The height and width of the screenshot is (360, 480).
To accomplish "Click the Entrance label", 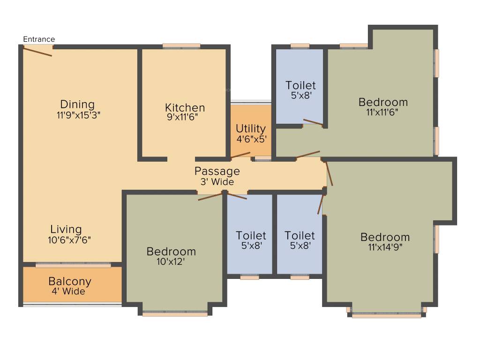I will pyautogui.click(x=39, y=39).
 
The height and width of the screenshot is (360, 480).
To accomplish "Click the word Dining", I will pyautogui.click(x=77, y=104).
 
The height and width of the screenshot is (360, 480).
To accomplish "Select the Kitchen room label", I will pyautogui.click(x=185, y=107).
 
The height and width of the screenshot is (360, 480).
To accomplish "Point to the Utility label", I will pyautogui.click(x=251, y=128).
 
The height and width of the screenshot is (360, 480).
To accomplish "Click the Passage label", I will pyautogui.click(x=217, y=171).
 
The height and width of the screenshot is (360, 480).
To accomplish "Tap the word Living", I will pyautogui.click(x=66, y=229).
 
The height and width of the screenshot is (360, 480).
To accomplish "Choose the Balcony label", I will pyautogui.click(x=70, y=282).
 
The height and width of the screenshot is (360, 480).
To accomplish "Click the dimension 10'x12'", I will pyautogui.click(x=171, y=262).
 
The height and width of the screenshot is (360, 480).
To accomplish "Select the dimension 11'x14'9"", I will pyautogui.click(x=385, y=247).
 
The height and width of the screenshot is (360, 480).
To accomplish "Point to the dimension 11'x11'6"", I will pyautogui.click(x=382, y=112).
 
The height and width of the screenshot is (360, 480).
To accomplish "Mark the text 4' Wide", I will pyautogui.click(x=68, y=292).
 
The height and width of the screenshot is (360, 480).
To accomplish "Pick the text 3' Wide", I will pyautogui.click(x=217, y=182).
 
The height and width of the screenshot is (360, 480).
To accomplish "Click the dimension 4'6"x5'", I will pyautogui.click(x=251, y=139).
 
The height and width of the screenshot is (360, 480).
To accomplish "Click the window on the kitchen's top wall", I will pyautogui.click(x=181, y=46).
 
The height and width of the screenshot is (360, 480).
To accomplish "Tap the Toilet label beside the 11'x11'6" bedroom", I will pyautogui.click(x=300, y=85).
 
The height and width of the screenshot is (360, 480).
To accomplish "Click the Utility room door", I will pyautogui.click(x=240, y=155).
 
